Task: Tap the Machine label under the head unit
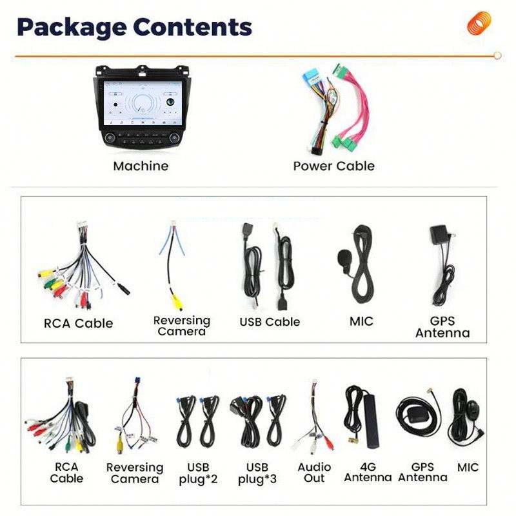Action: point(141,166)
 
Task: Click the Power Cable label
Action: point(333,166)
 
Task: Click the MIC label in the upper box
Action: point(361,321)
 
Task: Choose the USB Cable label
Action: point(270,322)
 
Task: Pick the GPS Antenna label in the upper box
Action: point(442,327)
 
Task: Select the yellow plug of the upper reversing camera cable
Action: point(175,301)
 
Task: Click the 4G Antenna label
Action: point(368,472)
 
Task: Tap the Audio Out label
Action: point(315,472)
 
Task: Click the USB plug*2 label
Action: point(198,472)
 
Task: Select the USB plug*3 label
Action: point(257,472)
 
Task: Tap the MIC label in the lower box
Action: point(468,467)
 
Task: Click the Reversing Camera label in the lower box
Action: point(135,473)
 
